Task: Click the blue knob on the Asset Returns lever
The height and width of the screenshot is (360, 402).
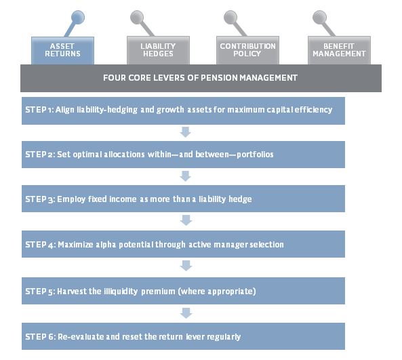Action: tap(78, 17)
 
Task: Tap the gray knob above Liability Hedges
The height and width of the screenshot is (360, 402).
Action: tap(137, 17)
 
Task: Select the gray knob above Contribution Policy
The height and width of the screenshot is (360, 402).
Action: tap(230, 17)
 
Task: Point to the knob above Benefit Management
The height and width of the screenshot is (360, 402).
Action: tap(319, 17)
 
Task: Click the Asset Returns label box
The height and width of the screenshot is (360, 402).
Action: tap(62, 51)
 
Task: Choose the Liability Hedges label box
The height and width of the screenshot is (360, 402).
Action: tap(158, 50)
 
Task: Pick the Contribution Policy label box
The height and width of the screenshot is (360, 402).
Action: tap(247, 50)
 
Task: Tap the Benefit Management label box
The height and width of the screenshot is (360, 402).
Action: tap(339, 50)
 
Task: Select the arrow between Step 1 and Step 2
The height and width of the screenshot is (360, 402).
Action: tap(185, 132)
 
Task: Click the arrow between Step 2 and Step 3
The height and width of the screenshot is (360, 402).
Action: tap(185, 176)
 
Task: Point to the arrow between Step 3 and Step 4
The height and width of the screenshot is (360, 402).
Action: tap(186, 220)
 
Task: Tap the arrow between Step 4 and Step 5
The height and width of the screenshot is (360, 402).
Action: tap(186, 266)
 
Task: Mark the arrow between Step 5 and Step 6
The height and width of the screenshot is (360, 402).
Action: tap(186, 313)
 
